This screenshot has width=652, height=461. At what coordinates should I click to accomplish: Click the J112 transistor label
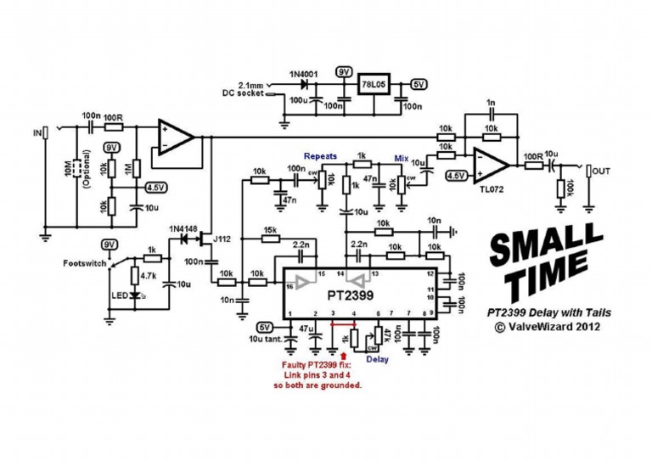(x=223, y=239)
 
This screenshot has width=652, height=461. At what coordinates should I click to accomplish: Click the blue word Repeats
(x=321, y=157)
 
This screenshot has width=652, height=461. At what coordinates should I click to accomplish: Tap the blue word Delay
(x=377, y=357)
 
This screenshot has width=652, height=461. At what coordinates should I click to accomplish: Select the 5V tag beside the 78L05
(x=419, y=84)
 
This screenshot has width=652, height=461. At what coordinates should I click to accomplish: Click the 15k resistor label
(x=271, y=230)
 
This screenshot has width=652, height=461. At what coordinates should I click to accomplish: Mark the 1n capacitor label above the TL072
(x=490, y=103)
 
